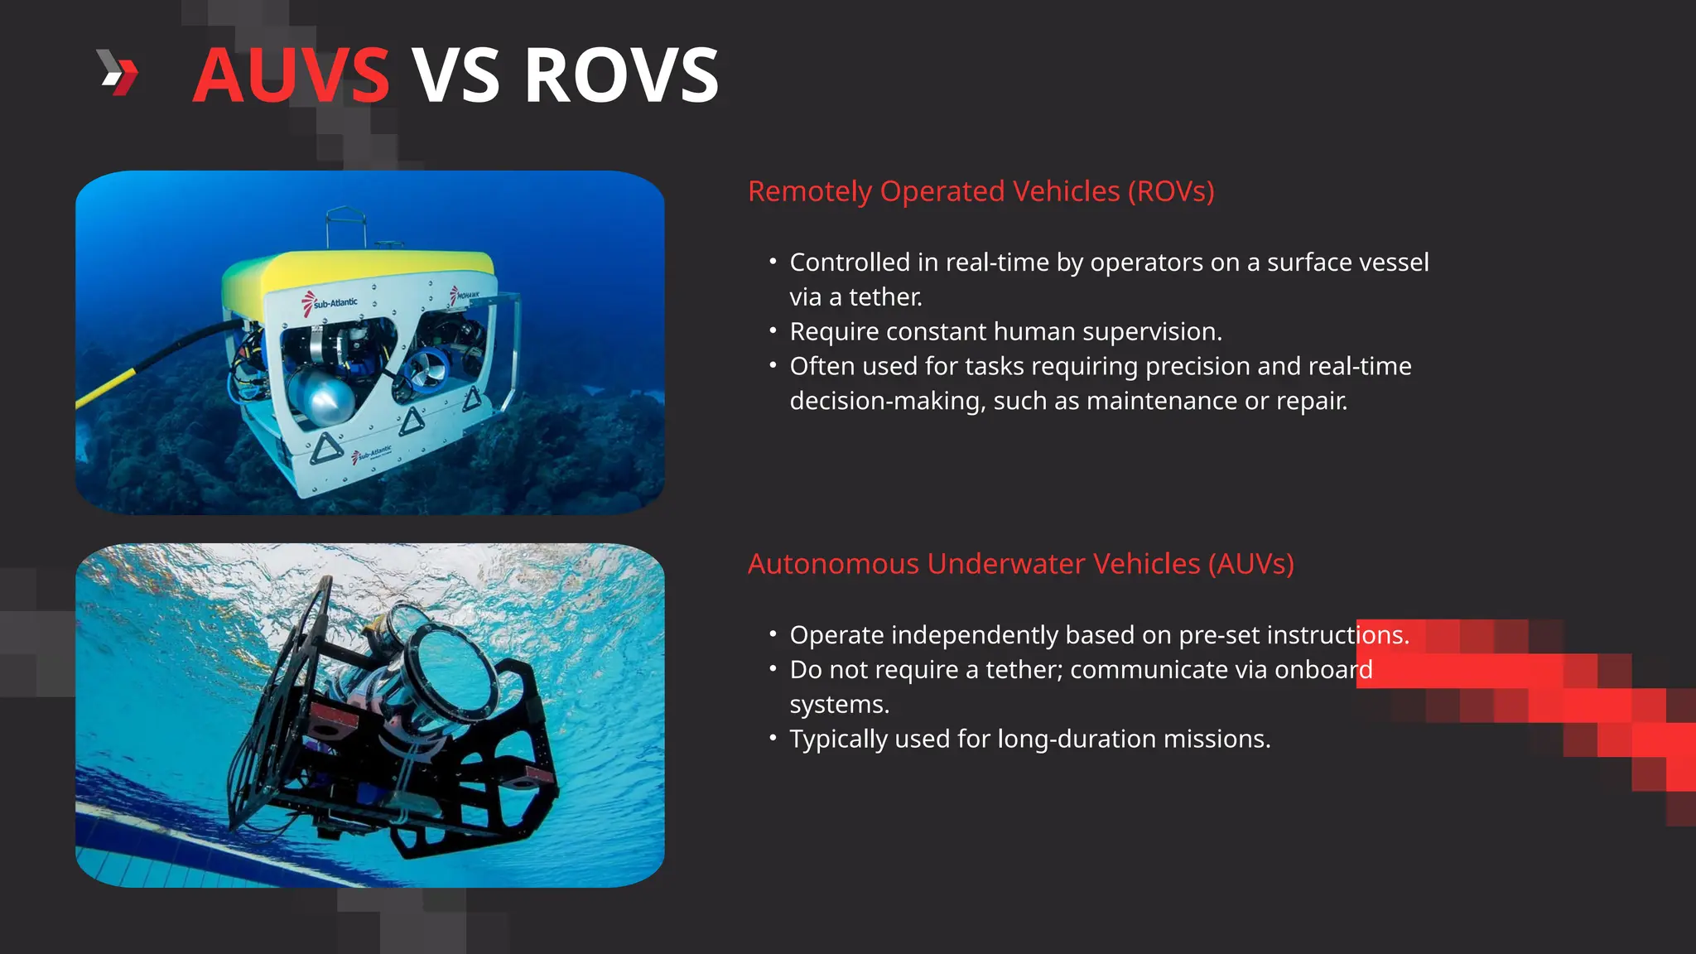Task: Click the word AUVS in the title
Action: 291,75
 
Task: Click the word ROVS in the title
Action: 621,75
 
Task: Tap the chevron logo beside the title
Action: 118,72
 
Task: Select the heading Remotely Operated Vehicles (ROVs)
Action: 980,191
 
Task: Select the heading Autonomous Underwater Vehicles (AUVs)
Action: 1020,564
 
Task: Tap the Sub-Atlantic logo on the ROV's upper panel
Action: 331,303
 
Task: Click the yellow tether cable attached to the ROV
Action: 108,389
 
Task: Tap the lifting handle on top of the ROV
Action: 345,224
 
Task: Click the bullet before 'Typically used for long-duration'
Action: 773,737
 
